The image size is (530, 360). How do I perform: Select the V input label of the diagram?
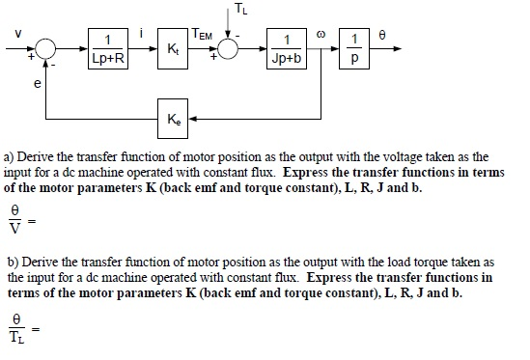point(14,35)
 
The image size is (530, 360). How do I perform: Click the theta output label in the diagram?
point(386,34)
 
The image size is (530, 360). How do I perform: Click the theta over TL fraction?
point(14,323)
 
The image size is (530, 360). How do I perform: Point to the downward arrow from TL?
point(229,23)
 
